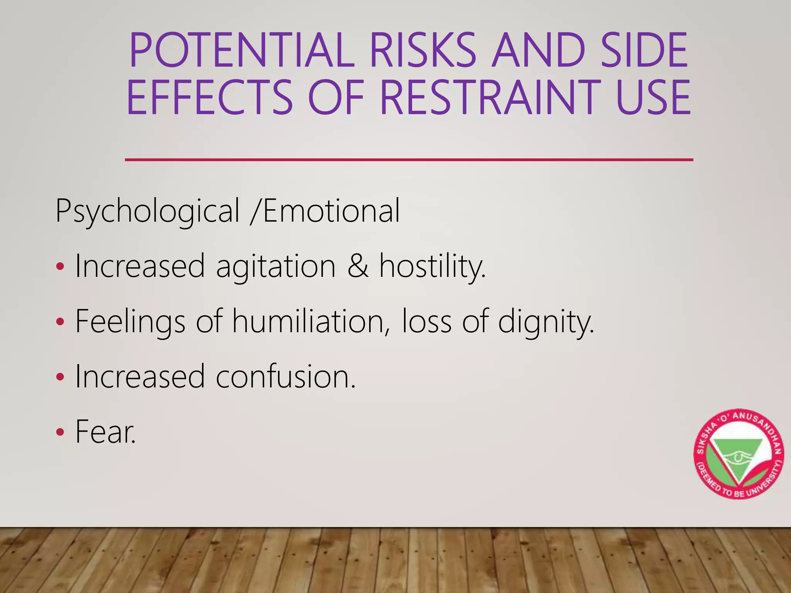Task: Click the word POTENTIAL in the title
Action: [242, 50]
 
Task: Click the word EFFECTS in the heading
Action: [210, 97]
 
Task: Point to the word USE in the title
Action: [653, 97]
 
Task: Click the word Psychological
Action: [148, 212]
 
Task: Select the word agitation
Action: [276, 266]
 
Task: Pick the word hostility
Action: [432, 266]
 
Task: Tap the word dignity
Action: [546, 322]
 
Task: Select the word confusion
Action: [285, 376]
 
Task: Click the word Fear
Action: [105, 432]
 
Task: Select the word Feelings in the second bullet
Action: [130, 322]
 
